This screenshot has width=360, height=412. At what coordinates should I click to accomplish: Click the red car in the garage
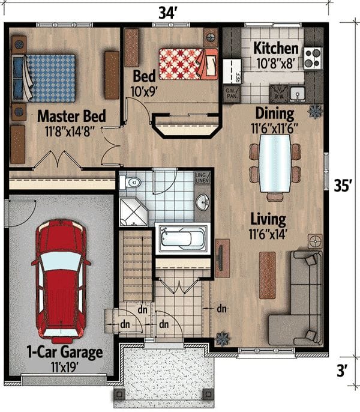(61, 279)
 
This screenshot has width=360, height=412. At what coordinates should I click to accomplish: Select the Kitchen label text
(275, 49)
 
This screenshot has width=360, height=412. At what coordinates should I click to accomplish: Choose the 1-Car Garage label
(64, 352)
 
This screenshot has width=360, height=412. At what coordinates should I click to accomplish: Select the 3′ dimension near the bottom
(343, 371)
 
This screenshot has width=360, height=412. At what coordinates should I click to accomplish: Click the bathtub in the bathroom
(182, 239)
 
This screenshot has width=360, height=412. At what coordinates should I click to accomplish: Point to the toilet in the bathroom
(131, 182)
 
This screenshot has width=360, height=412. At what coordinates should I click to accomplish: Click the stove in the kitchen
(313, 58)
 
